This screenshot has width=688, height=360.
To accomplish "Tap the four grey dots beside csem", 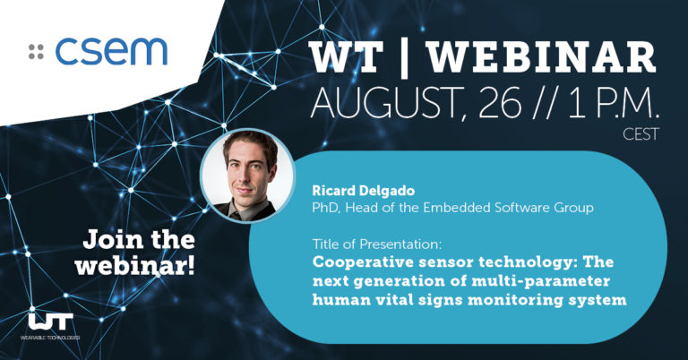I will (36, 51).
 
